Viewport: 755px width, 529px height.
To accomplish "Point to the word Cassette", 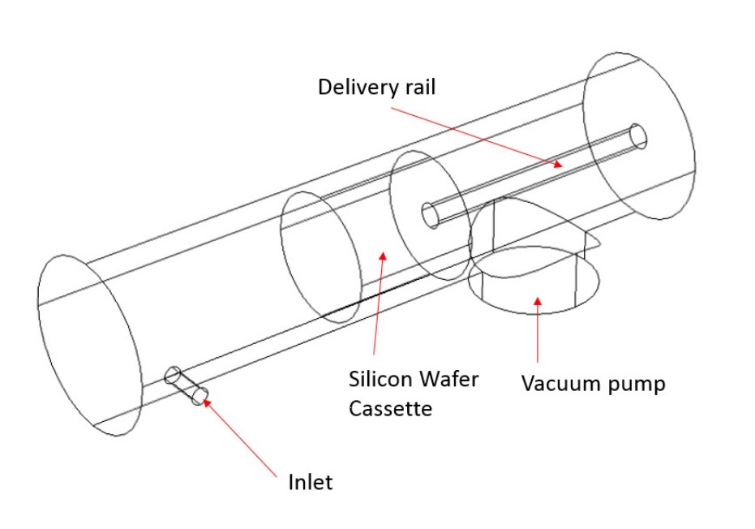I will tap(390, 408).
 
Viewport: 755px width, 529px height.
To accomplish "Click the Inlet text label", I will tap(311, 482).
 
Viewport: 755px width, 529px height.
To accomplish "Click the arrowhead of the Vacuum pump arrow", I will tap(536, 301).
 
